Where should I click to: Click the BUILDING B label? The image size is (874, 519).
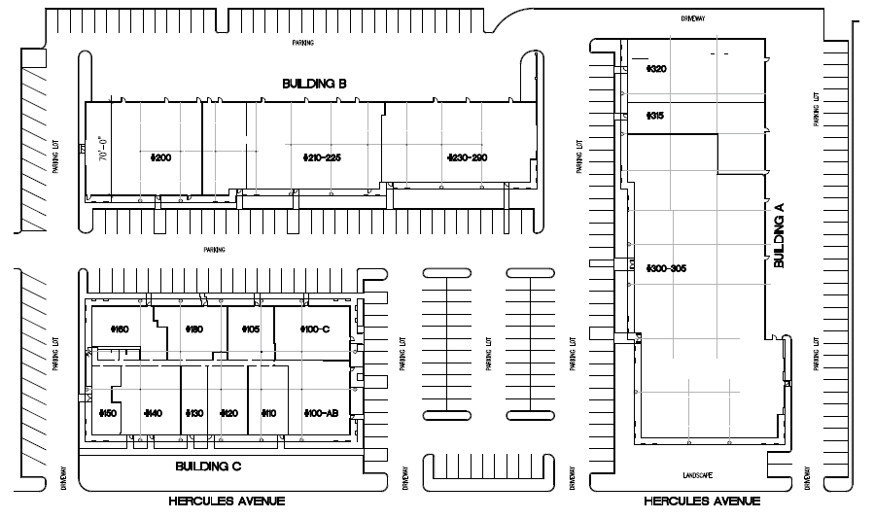[314, 85]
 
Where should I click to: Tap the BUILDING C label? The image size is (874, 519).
[208, 467]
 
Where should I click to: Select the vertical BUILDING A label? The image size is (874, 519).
[778, 236]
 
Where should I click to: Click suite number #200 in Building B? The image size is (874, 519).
[161, 157]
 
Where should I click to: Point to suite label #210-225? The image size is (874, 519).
[323, 157]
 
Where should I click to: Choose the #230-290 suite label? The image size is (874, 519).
[467, 157]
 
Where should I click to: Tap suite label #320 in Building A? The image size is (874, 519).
[656, 69]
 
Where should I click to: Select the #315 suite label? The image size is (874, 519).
[654, 116]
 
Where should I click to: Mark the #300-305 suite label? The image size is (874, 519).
[666, 267]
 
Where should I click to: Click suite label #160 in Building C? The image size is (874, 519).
[120, 329]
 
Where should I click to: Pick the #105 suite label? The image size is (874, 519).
[250, 329]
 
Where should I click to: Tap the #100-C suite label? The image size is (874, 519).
[315, 329]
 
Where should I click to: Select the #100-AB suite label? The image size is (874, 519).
[320, 413]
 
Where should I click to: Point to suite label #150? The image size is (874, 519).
[108, 413]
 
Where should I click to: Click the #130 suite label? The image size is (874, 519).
[194, 413]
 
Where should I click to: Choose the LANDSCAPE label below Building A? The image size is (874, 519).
[697, 475]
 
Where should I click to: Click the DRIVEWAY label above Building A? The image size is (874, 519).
[692, 18]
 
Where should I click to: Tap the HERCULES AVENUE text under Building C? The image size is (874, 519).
[227, 501]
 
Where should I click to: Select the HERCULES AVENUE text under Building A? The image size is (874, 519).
[701, 501]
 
